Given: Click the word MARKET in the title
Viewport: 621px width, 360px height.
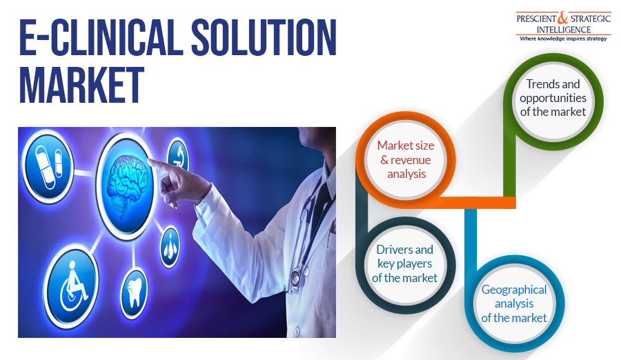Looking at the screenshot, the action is (81, 85).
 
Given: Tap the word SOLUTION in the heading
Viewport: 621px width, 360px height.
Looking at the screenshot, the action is (264, 37).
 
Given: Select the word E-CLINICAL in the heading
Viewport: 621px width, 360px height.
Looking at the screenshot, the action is (101, 37).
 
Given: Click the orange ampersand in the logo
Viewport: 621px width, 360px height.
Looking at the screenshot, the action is (563, 18).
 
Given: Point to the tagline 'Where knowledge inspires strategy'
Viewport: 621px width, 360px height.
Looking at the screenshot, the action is (563, 39).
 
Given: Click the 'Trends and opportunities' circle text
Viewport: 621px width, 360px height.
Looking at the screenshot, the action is (553, 98).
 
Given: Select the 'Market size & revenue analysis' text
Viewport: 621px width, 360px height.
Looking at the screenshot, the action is (406, 159).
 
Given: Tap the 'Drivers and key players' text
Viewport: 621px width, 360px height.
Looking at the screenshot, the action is (405, 263).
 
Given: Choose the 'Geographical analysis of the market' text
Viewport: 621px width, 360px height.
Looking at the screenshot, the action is (514, 303).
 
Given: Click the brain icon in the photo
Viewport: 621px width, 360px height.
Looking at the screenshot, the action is (128, 186).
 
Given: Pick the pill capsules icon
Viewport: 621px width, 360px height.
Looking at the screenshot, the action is (48, 166).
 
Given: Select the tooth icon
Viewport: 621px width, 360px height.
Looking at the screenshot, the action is (135, 292).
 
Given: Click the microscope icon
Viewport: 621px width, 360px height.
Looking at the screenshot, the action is (179, 156).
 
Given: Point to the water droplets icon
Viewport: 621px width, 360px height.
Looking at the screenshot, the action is (170, 247).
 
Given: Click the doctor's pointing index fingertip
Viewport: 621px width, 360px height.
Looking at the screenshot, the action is (150, 161).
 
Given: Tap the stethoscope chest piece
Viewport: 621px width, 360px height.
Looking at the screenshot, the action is (295, 278).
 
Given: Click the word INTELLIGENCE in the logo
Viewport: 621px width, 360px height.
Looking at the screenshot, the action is (563, 30).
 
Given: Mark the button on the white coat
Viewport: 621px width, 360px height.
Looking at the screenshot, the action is (295, 331).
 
